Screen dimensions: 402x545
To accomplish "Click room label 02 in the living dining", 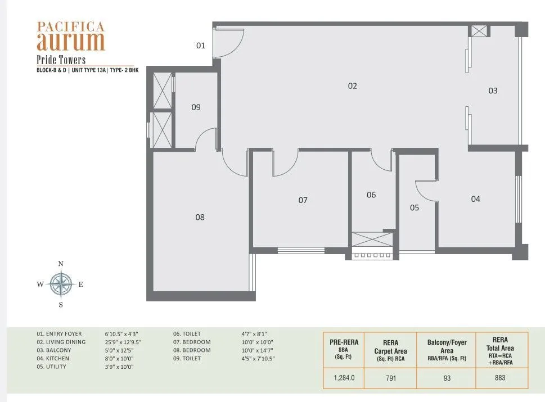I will pyautogui.click(x=353, y=86).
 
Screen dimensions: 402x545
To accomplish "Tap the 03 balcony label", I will pyautogui.click(x=493, y=91).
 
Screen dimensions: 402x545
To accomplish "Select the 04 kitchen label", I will pyautogui.click(x=476, y=198).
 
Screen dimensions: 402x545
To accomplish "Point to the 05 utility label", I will pyautogui.click(x=415, y=207).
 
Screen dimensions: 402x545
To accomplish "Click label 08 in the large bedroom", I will pyautogui.click(x=200, y=217).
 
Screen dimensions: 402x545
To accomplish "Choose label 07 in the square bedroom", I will pyautogui.click(x=303, y=200).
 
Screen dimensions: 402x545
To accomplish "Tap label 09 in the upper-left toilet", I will pyautogui.click(x=196, y=107).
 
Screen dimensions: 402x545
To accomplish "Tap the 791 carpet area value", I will pyautogui.click(x=391, y=378).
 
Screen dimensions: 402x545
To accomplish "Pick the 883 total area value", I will pyautogui.click(x=500, y=378).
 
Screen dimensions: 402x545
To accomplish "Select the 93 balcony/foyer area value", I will pyautogui.click(x=447, y=378).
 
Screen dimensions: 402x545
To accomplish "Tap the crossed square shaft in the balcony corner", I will pyautogui.click(x=480, y=31).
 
